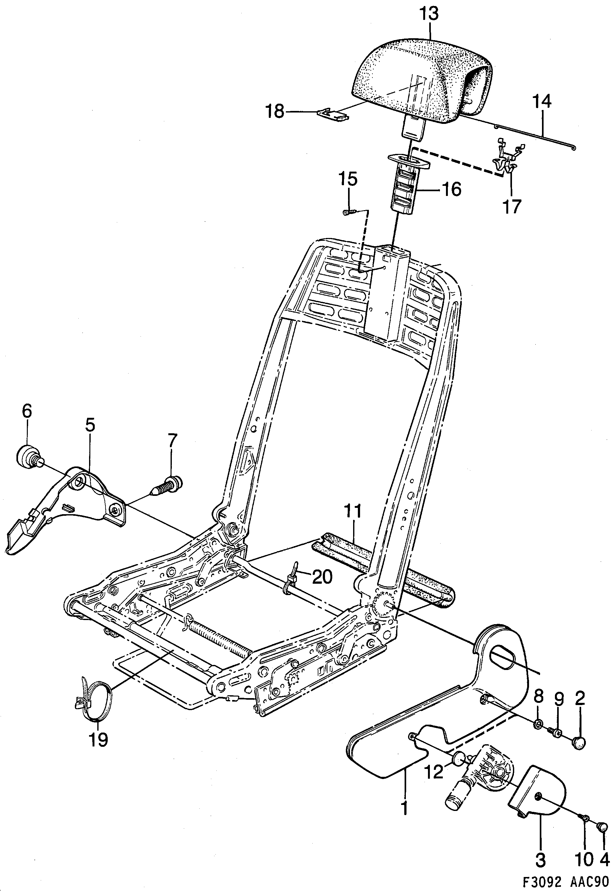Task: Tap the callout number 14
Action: (x=542, y=101)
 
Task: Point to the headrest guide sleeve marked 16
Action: (x=407, y=185)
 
